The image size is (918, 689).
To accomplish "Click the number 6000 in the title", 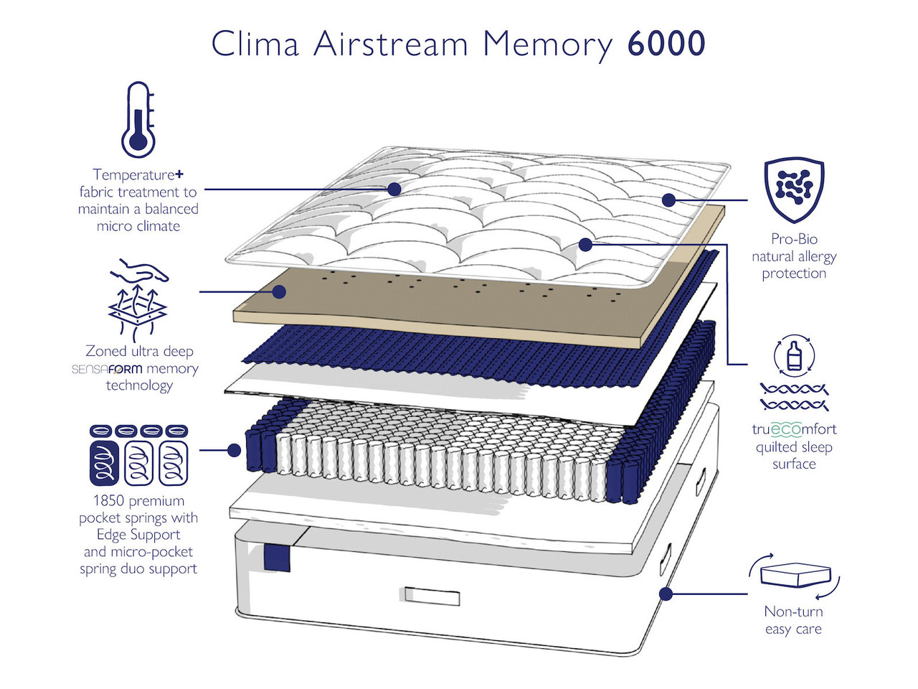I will (x=666, y=44).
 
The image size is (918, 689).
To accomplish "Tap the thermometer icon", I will (x=138, y=120).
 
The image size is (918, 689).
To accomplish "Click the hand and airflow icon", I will (x=138, y=299).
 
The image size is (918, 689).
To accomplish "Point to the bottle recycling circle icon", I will (x=794, y=355).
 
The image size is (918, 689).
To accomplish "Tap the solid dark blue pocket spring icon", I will (x=103, y=463).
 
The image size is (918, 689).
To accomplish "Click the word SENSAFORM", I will (x=107, y=369).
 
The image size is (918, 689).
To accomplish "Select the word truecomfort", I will (x=794, y=429).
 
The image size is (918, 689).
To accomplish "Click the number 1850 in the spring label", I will (x=108, y=501).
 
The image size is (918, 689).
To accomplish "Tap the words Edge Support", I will (x=138, y=535).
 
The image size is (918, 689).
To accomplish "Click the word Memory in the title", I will (x=547, y=44).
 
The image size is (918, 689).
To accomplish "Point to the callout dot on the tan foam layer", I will (x=280, y=291).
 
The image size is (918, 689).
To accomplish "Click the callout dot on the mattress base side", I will (x=666, y=594).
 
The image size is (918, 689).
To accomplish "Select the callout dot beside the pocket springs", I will (x=234, y=450).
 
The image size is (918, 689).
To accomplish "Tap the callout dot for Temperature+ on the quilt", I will (x=394, y=189).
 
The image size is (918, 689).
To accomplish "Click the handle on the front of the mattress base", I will (x=432, y=596).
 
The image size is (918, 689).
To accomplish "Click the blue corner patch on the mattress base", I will (x=277, y=558).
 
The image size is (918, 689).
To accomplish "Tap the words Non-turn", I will (x=793, y=611).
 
